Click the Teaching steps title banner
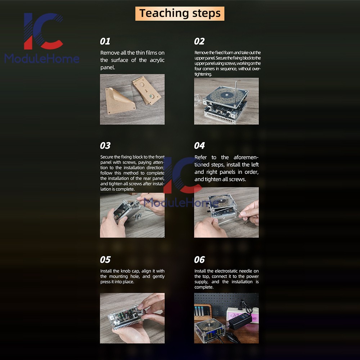pyautogui.click(x=180, y=14)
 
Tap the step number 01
pyautogui.click(x=105, y=41)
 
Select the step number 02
pyautogui.click(x=199, y=41)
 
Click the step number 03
pyautogui.click(x=105, y=146)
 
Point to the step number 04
pyautogui.click(x=199, y=146)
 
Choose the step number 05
pyautogui.click(x=105, y=260)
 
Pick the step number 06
pyautogui.click(x=199, y=260)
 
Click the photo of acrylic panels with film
pyautogui.click(x=132, y=99)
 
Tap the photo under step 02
pyautogui.click(x=226, y=101)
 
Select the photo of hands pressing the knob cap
pyautogui.click(x=132, y=318)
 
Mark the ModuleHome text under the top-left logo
pyautogui.click(x=42, y=58)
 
